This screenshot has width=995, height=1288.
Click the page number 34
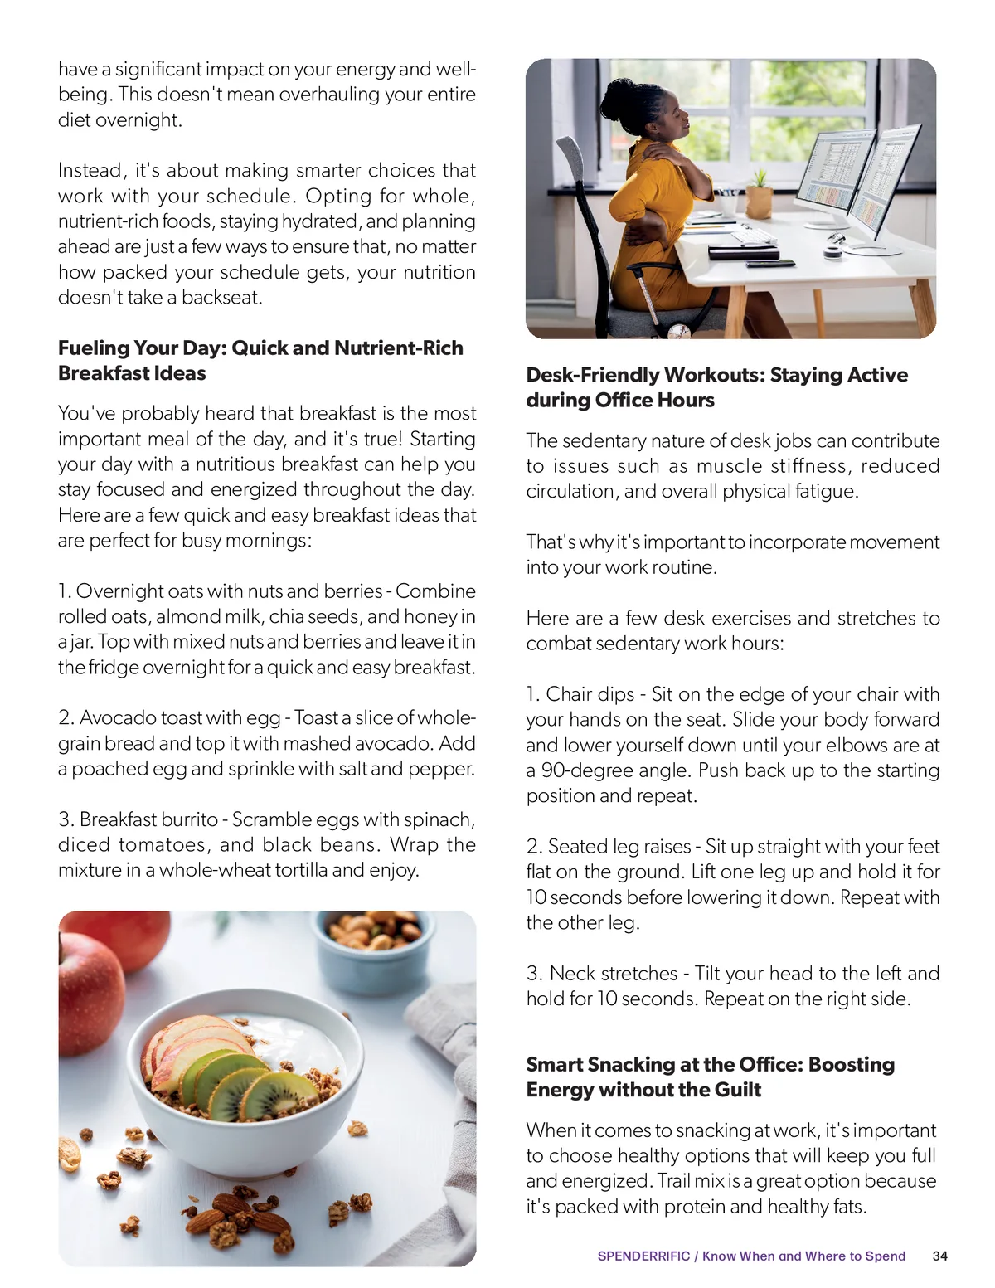coord(939,1256)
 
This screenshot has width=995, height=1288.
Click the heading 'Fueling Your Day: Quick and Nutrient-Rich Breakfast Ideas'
coord(260,360)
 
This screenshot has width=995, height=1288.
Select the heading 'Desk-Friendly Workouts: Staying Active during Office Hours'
coord(716,387)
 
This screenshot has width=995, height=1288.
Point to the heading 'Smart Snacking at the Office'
coord(710,1077)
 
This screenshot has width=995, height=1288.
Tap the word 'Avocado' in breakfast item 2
coord(117,718)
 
